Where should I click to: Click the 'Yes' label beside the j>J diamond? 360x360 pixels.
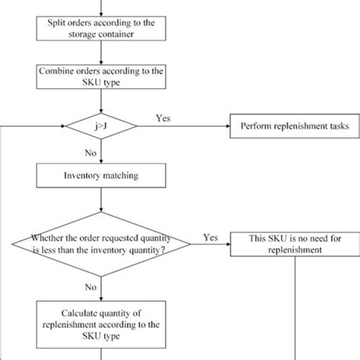[163, 118]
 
